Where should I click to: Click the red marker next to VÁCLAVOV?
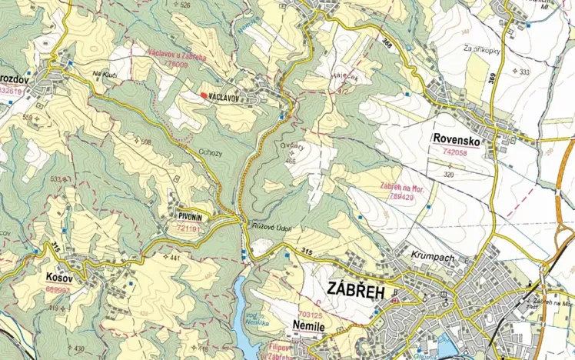tap(203, 95)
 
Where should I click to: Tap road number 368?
tap(387, 45)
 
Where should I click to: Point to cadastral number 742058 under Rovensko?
tap(455, 153)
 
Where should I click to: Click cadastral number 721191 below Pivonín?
tap(188, 228)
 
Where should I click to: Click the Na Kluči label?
tap(104, 75)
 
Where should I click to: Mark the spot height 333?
tap(524, 72)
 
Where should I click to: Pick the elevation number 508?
tap(145, 142)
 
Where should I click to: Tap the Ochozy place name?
tap(211, 152)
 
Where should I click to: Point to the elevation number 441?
tap(174, 257)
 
